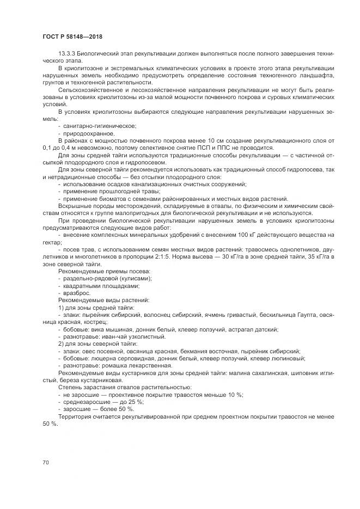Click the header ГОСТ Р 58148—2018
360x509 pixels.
(x=72, y=37)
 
